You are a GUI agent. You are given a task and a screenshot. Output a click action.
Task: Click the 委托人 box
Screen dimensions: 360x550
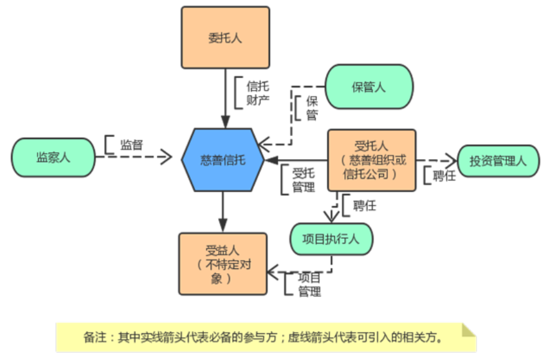coord(225,37)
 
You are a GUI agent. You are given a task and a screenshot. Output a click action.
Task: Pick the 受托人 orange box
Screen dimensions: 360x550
coord(372,160)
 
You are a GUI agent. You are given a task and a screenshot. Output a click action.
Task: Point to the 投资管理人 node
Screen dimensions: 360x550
coord(498,161)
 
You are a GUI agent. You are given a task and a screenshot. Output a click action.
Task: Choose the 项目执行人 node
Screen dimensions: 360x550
coord(331,238)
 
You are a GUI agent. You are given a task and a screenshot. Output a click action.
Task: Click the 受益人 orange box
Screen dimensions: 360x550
coord(222,264)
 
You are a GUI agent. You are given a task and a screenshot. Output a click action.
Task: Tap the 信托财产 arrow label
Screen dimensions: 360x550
coord(258,92)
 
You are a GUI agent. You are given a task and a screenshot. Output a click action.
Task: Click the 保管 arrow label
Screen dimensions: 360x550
coord(311,108)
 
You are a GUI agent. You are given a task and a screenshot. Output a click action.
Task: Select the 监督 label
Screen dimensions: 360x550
coord(132,145)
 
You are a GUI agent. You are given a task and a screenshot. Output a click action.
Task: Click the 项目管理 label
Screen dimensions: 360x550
coord(309,284)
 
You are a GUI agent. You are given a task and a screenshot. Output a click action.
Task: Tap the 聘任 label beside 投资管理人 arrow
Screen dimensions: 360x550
coord(444,176)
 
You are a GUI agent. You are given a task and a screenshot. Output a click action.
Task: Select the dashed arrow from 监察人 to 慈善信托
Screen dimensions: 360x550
coord(134,157)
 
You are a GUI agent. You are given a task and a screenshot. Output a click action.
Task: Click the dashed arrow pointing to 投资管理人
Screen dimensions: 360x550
coord(437,160)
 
